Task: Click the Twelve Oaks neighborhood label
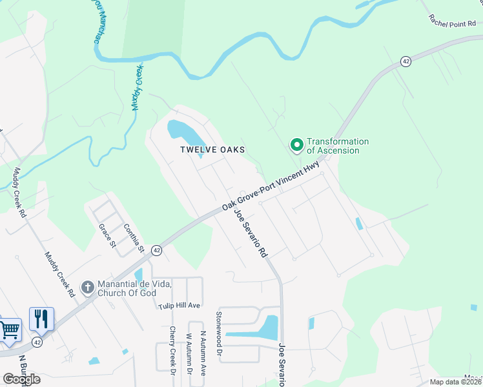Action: tap(212, 150)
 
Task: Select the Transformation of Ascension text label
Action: tap(337, 146)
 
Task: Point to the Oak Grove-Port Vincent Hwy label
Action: tap(271, 185)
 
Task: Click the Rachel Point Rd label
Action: tap(455, 21)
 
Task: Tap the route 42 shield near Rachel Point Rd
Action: tap(406, 61)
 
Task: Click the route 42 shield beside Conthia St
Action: tap(157, 250)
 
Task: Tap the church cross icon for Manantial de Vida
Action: tap(87, 286)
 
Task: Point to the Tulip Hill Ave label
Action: tap(179, 305)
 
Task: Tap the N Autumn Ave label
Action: tap(202, 355)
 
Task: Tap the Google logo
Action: tap(21, 379)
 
